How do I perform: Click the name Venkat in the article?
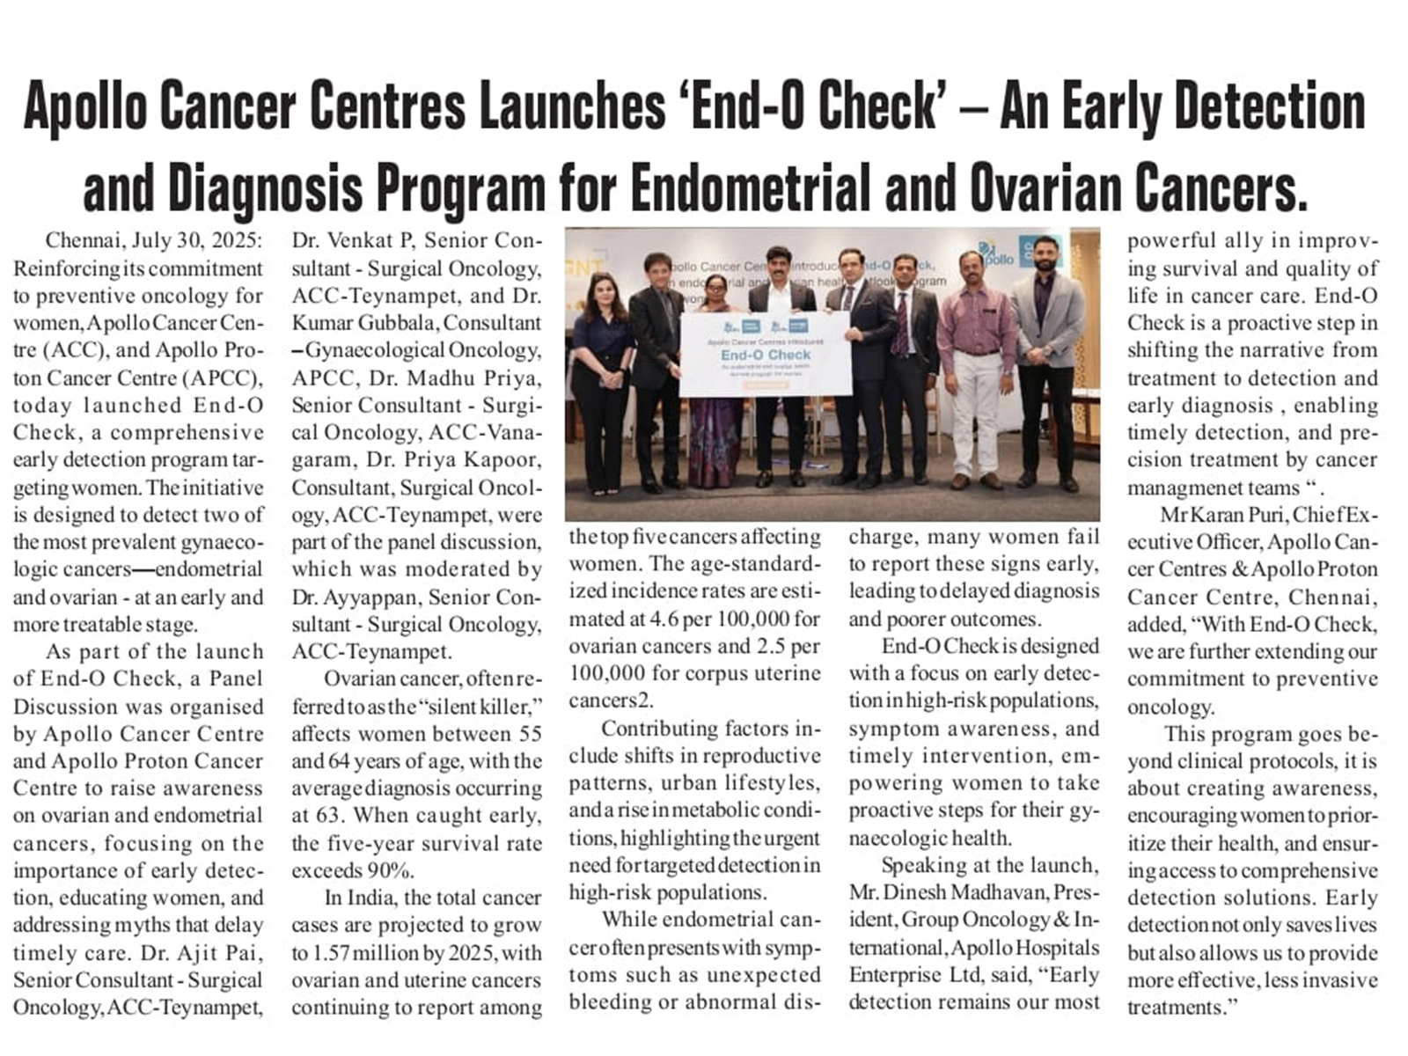[x=363, y=241]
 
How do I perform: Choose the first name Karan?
[x=1226, y=515]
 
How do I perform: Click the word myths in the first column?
[x=144, y=926]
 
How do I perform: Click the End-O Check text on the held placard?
[x=765, y=355]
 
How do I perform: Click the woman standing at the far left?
[x=601, y=378]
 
